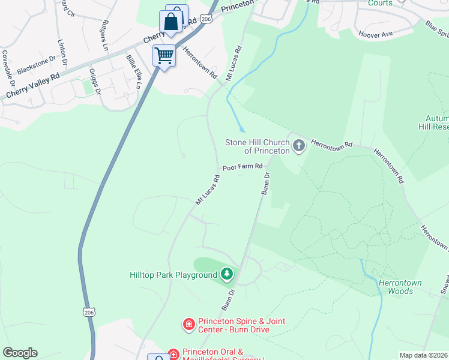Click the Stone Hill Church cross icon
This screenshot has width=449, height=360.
pos(299,146)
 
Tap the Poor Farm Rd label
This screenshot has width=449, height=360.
pos(243,167)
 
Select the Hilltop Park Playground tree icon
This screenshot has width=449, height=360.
pos(226,275)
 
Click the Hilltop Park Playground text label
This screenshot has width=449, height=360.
pos(173,275)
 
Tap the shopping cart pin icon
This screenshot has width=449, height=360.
pos(164,56)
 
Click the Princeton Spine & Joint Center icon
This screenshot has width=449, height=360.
pos(188,325)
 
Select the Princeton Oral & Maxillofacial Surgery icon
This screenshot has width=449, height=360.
pos(173,354)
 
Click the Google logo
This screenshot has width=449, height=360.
pos(20,353)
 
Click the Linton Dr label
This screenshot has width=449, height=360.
pos(62,53)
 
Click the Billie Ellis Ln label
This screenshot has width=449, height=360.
pos(133,71)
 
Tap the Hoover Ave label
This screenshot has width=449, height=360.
pos(375,34)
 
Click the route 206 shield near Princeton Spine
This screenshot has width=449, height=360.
pos(89,313)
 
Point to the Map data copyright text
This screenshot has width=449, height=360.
pos(423,355)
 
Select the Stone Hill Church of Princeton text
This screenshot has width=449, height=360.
pos(258,146)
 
